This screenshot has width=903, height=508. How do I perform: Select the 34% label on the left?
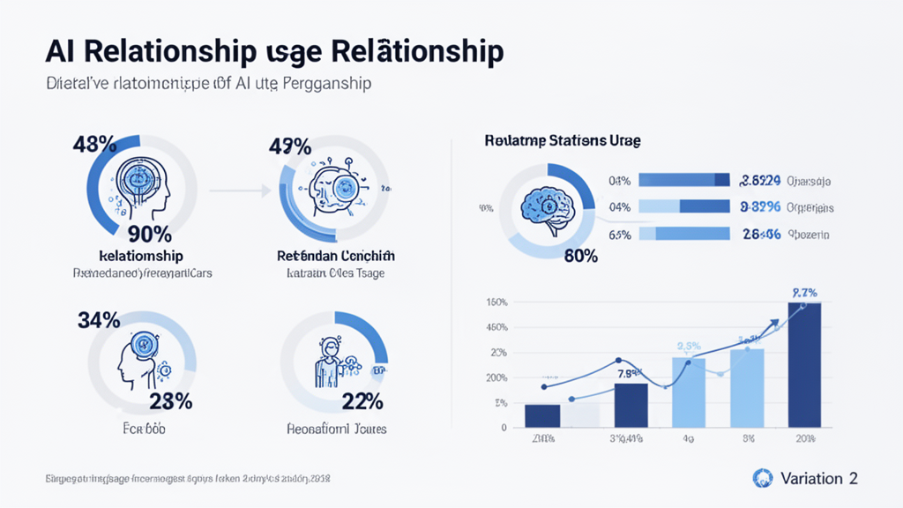100,320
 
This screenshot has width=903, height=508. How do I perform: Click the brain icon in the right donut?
543,205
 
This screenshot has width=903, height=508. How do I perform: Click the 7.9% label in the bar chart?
631,374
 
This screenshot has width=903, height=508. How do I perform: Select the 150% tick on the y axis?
496,303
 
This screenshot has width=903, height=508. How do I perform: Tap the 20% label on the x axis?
804,438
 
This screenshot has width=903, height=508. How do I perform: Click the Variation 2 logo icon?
762,478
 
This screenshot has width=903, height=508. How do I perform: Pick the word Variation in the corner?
810,478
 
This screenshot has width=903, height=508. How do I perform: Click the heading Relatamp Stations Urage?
562,140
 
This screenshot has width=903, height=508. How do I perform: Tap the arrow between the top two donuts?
238,189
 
